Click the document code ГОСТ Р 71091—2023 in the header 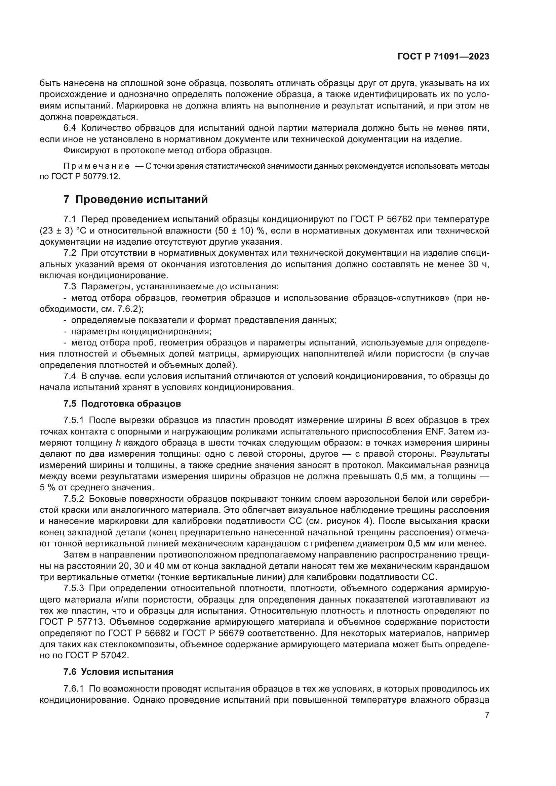(443, 57)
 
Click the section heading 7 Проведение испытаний (135, 199)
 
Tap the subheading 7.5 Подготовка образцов (122, 404)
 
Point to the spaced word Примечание (96, 166)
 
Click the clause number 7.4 (71, 376)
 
